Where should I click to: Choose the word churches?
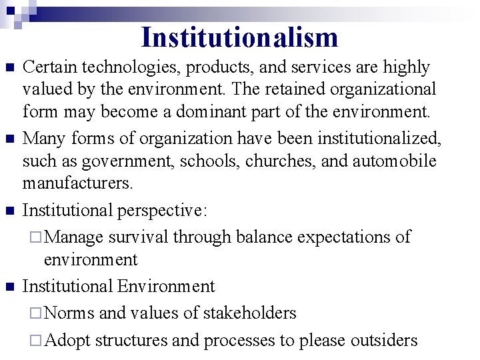279,161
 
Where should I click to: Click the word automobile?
387,161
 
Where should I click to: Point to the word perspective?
161,211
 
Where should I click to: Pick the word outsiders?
381,340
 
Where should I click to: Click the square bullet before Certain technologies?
9,68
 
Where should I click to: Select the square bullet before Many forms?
9,139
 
